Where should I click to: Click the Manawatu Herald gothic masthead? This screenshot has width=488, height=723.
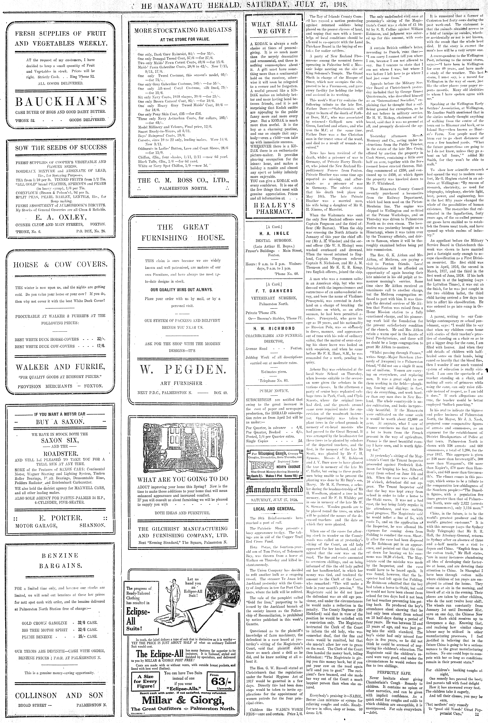coord(274,488)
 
